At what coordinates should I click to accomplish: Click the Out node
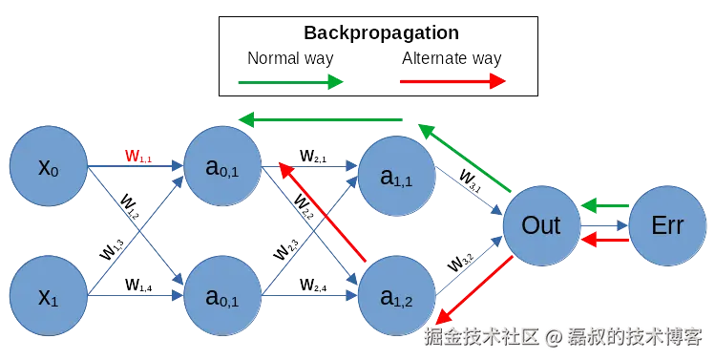coord(541,226)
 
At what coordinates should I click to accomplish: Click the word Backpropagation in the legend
coord(380,32)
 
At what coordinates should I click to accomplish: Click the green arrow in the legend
coord(289,82)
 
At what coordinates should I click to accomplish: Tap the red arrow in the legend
coord(452,82)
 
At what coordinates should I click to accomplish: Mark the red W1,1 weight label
coord(138,155)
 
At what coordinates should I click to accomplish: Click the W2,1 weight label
coord(312,155)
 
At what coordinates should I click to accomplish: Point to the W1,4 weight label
coord(138,284)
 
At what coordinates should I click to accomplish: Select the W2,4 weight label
coord(312,284)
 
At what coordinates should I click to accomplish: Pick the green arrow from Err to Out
coord(605,205)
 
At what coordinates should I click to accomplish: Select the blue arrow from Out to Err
coord(605,226)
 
